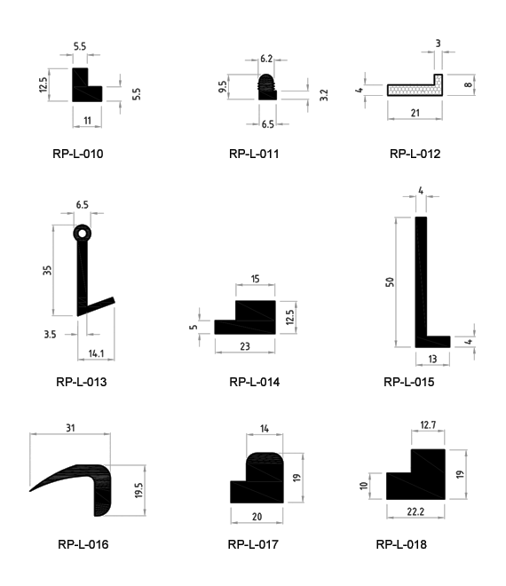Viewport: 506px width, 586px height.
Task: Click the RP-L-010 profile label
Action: coord(78,154)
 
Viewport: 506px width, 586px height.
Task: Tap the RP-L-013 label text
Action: coord(81,382)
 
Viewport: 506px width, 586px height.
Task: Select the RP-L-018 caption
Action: coord(401,544)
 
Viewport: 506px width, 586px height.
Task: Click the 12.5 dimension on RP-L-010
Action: coord(43,85)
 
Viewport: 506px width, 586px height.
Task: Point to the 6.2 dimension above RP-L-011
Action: coord(266,59)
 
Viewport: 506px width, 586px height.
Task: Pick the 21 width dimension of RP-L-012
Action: coord(415,113)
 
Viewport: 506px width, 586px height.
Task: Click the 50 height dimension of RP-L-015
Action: coord(390,282)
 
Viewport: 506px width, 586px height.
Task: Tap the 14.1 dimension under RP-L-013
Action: coord(96,353)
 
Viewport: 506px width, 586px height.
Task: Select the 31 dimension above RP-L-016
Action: coord(70,428)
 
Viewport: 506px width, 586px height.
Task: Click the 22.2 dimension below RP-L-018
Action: coord(415,511)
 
